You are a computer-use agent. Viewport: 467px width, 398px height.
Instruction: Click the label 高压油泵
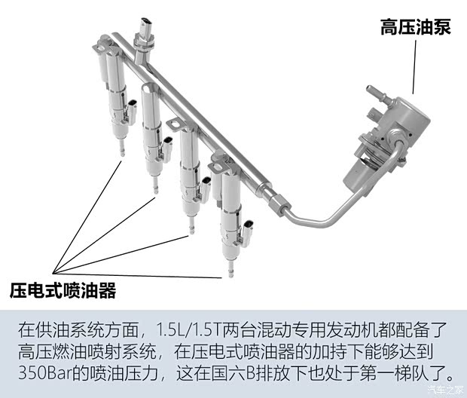[x=415, y=28]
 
